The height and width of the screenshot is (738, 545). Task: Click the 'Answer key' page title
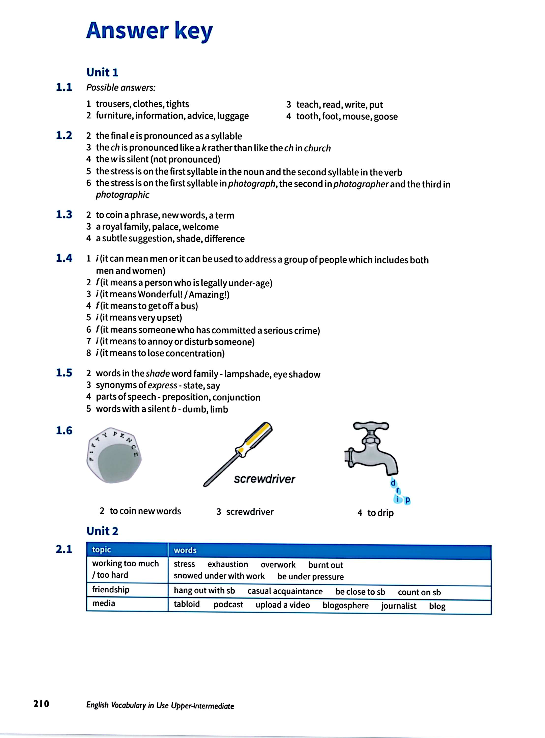pyautogui.click(x=149, y=31)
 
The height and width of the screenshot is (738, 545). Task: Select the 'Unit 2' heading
pyautogui.click(x=102, y=531)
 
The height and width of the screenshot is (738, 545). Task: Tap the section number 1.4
pyautogui.click(x=64, y=258)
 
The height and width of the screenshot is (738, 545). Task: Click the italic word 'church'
pyautogui.click(x=317, y=148)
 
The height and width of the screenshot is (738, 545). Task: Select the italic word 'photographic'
pyautogui.click(x=122, y=195)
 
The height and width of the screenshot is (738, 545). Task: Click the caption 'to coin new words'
pyautogui.click(x=145, y=511)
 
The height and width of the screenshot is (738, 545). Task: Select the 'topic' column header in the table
pyautogui.click(x=101, y=550)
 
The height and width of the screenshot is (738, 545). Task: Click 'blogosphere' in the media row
pyautogui.click(x=345, y=605)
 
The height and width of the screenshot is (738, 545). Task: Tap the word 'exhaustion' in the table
pyautogui.click(x=228, y=564)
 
